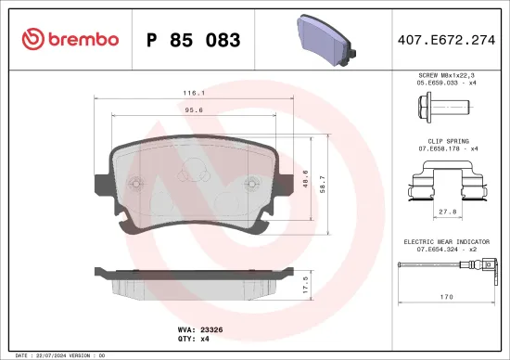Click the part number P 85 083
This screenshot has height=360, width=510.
(194, 40)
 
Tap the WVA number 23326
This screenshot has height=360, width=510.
(211, 328)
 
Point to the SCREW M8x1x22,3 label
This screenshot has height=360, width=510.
(447, 73)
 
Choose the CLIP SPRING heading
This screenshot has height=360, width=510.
(447, 142)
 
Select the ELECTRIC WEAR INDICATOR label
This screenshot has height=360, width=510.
(447, 240)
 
